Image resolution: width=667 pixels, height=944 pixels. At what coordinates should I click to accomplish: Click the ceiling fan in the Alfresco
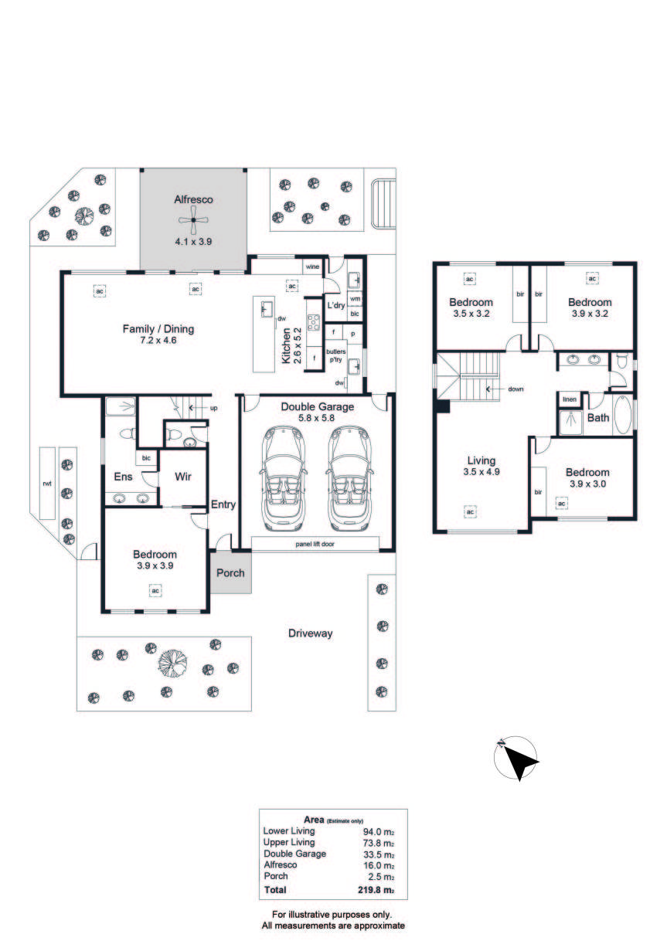pyautogui.click(x=193, y=220)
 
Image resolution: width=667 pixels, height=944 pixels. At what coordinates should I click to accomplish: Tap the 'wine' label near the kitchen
pyautogui.click(x=312, y=267)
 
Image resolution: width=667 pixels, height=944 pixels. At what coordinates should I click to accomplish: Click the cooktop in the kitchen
pyautogui.click(x=313, y=322)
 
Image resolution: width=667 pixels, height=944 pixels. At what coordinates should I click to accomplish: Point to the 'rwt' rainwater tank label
pyautogui.click(x=47, y=484)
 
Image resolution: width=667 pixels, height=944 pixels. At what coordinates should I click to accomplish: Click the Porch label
pyautogui.click(x=230, y=572)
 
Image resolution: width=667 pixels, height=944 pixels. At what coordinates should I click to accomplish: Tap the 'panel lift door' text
pyautogui.click(x=315, y=544)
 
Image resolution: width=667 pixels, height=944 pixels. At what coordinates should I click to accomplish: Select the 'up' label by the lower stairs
pyautogui.click(x=214, y=408)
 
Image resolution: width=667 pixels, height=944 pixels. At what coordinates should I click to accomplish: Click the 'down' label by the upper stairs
pyautogui.click(x=516, y=389)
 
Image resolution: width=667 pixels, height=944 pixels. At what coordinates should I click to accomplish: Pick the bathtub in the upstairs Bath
pyautogui.click(x=622, y=415)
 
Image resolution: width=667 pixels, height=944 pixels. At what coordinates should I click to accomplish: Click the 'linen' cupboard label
pyautogui.click(x=569, y=399)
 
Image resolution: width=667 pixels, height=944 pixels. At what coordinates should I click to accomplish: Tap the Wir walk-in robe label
pyautogui.click(x=183, y=476)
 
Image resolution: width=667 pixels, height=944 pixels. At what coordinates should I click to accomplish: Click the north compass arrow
pyautogui.click(x=520, y=761)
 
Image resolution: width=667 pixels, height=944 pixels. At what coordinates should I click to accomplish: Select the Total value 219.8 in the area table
pyautogui.click(x=369, y=890)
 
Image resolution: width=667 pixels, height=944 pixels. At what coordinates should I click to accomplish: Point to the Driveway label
pyautogui.click(x=310, y=633)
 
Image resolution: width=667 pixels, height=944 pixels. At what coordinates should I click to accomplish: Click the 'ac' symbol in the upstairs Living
pyautogui.click(x=470, y=511)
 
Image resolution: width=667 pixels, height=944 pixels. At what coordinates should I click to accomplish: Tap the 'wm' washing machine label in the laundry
pyautogui.click(x=355, y=298)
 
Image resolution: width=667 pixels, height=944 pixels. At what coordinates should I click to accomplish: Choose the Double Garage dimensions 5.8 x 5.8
pyautogui.click(x=316, y=418)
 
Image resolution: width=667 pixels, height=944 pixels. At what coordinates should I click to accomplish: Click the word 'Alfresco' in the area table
pyautogui.click(x=281, y=864)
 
